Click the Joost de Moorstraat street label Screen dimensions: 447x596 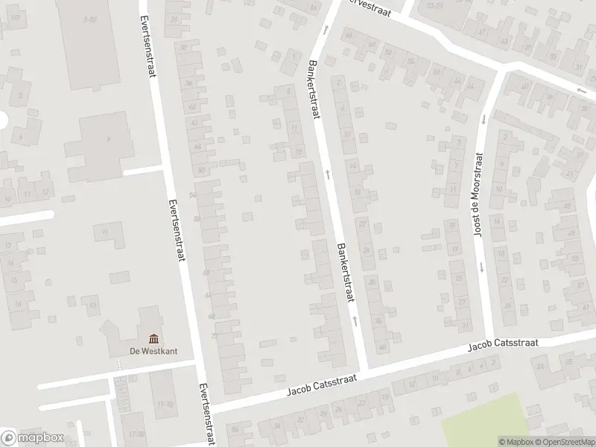tap(478, 195)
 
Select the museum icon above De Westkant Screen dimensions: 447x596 tap(153, 338)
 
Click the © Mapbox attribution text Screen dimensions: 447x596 tap(516, 442)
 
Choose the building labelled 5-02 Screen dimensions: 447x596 tap(89, 19)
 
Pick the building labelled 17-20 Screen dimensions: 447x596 tap(135, 433)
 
